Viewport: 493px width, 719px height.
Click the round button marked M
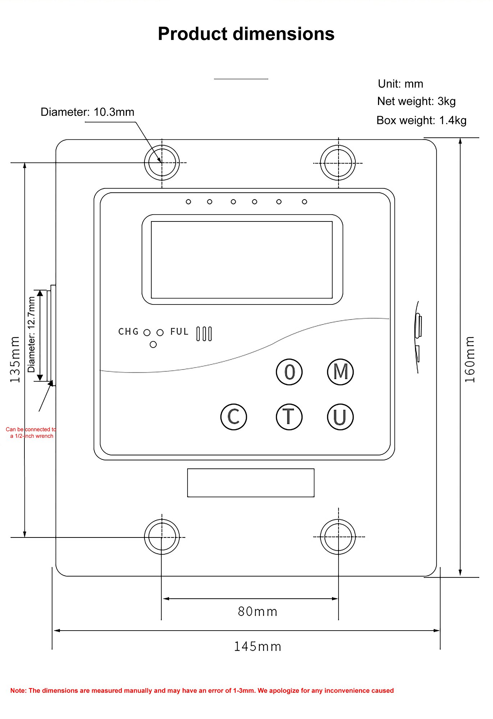[x=340, y=372]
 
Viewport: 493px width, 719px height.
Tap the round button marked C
[x=234, y=417]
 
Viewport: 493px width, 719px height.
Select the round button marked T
[x=289, y=417]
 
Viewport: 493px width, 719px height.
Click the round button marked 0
[x=289, y=372]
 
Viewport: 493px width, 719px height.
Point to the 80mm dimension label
[x=257, y=612]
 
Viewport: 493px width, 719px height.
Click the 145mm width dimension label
[x=257, y=646]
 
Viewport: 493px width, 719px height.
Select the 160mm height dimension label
[x=470, y=359]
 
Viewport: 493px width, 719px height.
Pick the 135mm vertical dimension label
[x=15, y=359]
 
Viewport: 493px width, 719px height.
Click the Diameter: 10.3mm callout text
[x=87, y=112]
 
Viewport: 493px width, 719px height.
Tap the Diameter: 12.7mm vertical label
[x=32, y=334]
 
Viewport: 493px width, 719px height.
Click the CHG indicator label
[x=128, y=331]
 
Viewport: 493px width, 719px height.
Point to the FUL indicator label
[x=179, y=331]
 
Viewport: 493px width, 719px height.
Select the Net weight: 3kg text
[x=416, y=101]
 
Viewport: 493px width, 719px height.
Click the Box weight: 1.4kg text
[x=421, y=120]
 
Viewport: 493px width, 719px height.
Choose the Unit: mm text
[x=400, y=84]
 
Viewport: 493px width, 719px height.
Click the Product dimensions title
[x=246, y=34]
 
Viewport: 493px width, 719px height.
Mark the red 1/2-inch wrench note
[x=31, y=432]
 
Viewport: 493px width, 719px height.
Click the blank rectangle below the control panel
[x=250, y=482]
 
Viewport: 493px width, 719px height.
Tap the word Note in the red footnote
[x=18, y=691]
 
